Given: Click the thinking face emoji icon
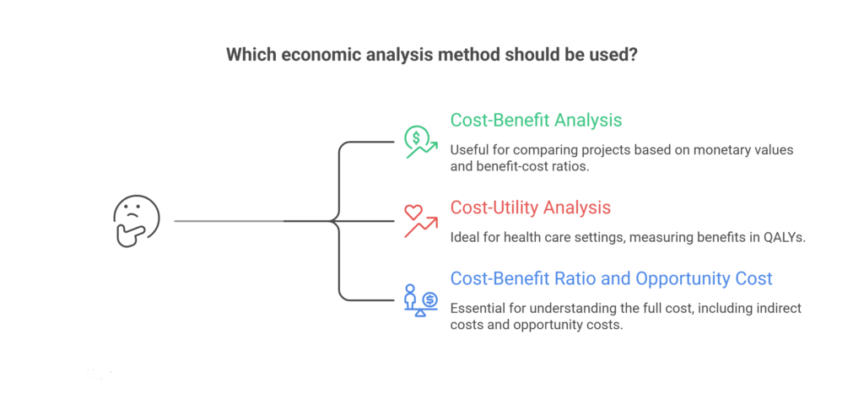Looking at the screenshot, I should point(136,222).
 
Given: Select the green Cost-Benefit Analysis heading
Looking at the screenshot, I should point(536,120).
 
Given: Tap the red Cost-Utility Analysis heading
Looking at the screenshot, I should point(531,207).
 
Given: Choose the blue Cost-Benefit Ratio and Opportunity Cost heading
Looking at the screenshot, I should point(611,278).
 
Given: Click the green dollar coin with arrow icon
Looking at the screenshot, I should point(420,142).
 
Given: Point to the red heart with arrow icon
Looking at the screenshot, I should point(419,221).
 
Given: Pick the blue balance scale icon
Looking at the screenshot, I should point(420,299).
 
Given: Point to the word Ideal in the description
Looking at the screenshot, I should point(466,237).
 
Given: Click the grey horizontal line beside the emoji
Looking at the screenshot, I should point(228,221).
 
